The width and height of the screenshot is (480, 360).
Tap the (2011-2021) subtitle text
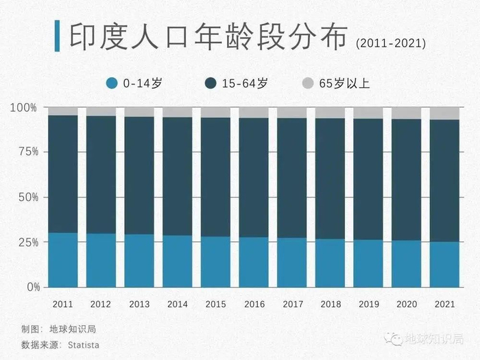click(392, 43)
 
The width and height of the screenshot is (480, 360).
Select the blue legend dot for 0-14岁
click(112, 84)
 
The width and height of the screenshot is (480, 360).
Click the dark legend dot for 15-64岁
click(211, 84)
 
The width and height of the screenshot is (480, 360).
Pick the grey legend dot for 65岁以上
click(308, 84)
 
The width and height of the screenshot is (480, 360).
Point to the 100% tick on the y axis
click(23, 108)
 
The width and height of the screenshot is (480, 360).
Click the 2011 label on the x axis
click(62, 303)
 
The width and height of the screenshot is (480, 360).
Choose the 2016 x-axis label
click(254, 303)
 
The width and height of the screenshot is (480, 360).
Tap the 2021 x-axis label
click(444, 303)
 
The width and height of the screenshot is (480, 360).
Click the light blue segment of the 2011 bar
click(62, 260)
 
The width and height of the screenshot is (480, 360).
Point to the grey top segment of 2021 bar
click(444, 113)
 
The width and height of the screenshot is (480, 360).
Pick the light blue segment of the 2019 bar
click(368, 263)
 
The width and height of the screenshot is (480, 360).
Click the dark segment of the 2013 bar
click(139, 175)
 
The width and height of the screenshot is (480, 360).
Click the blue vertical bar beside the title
click(57, 36)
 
